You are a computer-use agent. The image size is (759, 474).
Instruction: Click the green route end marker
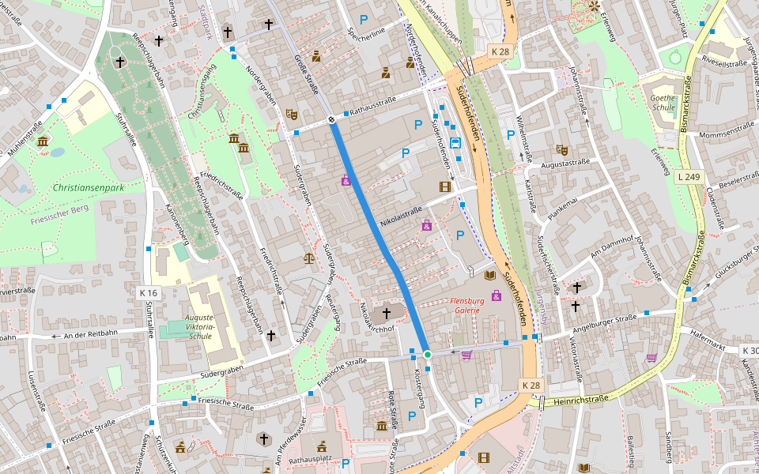point(428,355)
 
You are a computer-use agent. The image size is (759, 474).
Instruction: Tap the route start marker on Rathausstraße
point(331,120)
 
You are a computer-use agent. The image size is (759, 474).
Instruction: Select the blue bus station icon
point(455,143)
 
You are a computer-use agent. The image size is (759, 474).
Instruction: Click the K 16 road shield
point(148,293)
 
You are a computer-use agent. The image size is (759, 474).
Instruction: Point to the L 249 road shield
point(690,178)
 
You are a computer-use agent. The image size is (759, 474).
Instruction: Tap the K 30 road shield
point(750,350)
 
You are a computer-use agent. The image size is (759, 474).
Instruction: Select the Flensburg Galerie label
point(465,306)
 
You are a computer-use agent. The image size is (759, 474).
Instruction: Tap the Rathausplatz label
point(311,459)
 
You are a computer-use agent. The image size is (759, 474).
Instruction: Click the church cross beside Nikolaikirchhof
point(387,314)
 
